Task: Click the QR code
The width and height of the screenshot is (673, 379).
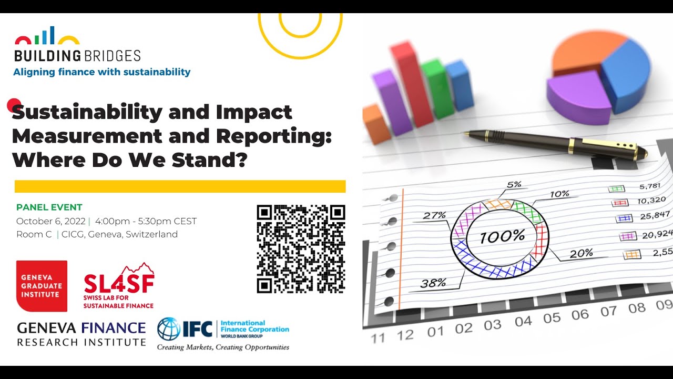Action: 301,249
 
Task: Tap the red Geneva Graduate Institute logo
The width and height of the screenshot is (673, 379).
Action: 42,286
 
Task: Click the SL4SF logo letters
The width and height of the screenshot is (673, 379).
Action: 119,283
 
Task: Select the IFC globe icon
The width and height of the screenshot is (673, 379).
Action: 169,329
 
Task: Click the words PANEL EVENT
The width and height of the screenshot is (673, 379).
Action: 49,207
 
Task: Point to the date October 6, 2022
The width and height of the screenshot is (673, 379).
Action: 51,222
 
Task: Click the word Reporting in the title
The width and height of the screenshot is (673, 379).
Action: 274,136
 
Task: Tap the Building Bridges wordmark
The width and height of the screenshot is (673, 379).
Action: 77,56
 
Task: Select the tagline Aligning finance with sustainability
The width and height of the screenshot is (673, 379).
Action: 102,72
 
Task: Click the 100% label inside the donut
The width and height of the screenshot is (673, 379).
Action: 502,237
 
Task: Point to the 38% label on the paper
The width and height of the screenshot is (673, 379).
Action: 433,283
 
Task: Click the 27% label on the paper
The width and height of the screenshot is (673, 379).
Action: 434,215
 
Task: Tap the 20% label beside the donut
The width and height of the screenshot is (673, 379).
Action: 582,254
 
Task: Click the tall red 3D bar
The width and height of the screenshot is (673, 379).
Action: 412,84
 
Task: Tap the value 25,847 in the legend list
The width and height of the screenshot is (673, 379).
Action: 655,216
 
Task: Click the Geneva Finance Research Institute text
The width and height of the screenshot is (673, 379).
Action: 81,334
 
